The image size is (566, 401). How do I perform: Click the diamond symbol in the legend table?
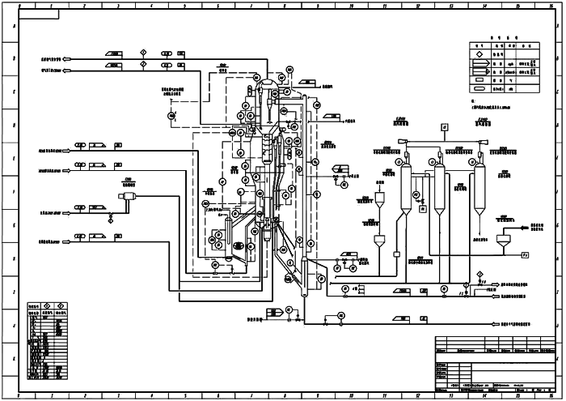[x=478, y=57]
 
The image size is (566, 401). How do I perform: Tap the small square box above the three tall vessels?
[x=444, y=126]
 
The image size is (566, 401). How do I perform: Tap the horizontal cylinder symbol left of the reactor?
[x=128, y=195]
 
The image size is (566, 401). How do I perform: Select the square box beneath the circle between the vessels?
[x=421, y=208]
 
